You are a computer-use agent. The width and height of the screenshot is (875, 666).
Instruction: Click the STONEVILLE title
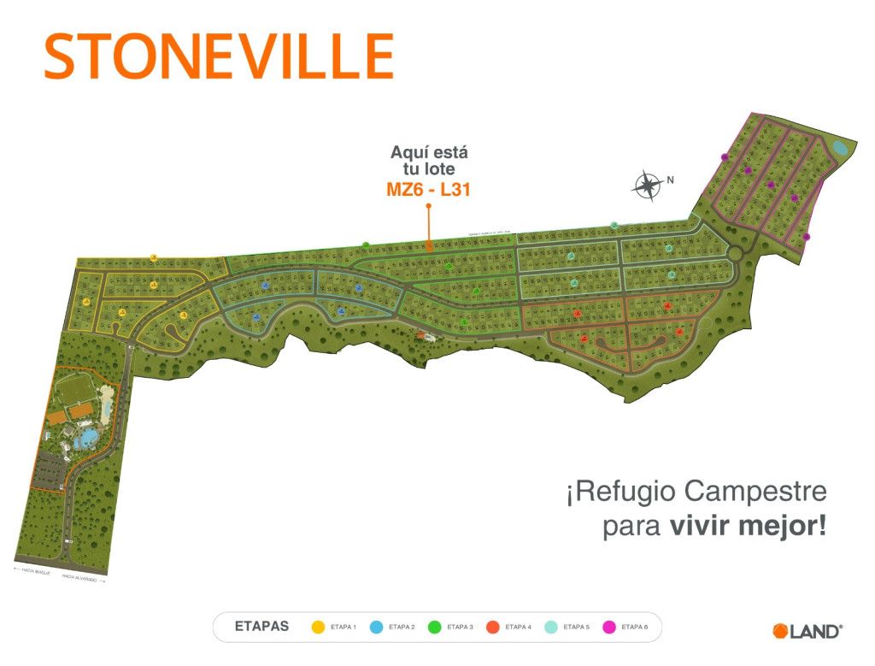(219, 57)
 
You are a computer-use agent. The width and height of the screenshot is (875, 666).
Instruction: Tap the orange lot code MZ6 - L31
(429, 190)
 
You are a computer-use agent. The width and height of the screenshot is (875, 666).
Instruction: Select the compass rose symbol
(647, 185)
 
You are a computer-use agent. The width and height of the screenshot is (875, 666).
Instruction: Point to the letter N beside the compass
(671, 180)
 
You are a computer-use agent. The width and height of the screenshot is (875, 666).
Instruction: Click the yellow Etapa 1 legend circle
(318, 627)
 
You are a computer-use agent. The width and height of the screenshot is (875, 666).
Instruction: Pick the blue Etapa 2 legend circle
(376, 627)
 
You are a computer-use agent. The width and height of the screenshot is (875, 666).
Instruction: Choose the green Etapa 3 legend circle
(434, 627)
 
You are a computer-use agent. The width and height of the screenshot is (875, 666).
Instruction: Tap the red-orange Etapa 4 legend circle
(492, 627)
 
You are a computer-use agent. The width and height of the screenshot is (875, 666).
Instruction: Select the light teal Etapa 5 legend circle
(550, 627)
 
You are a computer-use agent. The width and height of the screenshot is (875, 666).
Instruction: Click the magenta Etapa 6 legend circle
(609, 627)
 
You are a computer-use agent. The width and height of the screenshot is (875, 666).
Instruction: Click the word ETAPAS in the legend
(262, 627)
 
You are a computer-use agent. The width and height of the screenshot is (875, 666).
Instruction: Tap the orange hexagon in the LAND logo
(779, 631)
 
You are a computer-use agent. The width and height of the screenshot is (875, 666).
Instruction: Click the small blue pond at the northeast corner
(840, 149)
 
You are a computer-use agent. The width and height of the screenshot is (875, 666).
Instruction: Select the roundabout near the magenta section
(734, 253)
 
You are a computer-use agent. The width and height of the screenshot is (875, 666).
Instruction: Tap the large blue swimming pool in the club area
(86, 440)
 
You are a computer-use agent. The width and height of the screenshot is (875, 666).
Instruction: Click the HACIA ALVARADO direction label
(83, 579)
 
